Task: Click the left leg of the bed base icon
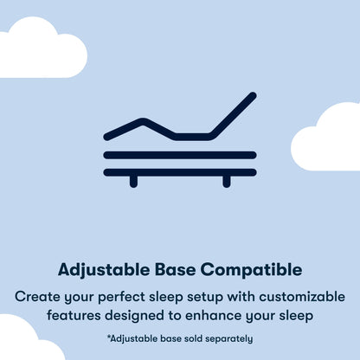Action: (x=132, y=181)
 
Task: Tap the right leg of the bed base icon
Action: (x=227, y=181)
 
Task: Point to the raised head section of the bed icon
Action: (x=234, y=114)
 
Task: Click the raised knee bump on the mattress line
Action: (x=143, y=122)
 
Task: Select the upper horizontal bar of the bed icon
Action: (x=180, y=155)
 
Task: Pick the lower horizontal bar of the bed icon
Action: (x=180, y=171)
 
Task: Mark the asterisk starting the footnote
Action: (x=109, y=337)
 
